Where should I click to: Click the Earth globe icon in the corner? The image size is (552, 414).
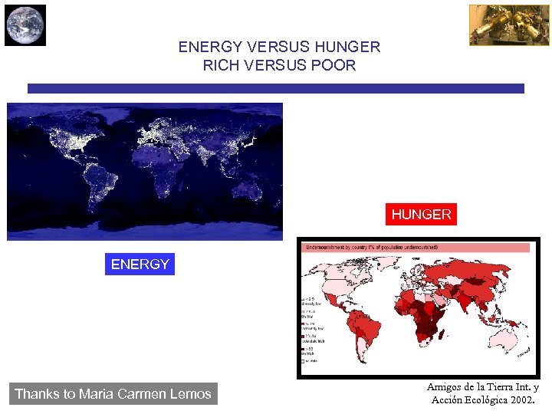25,25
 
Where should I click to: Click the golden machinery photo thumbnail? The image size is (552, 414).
498,25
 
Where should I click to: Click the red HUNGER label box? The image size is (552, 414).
421,215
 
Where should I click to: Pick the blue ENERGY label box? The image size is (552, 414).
140,264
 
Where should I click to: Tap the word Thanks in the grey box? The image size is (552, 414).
36,394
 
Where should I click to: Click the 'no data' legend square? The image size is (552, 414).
303,360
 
